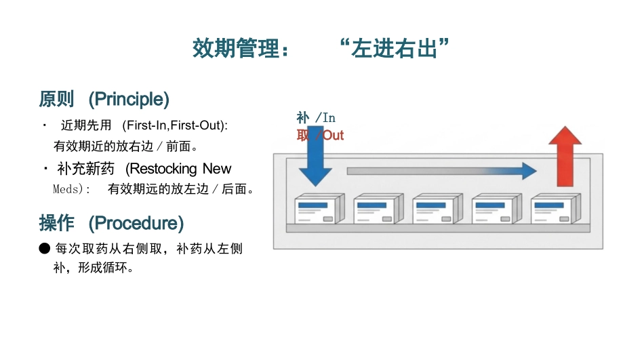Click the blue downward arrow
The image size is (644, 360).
tap(315, 156)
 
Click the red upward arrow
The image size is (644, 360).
tap(565, 156)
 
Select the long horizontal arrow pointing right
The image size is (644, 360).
tap(442, 171)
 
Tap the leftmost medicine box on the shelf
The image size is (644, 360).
tap(319, 209)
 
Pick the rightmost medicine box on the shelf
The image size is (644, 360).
tap(556, 209)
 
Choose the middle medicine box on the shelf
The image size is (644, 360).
tap(438, 209)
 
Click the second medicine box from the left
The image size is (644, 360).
tap(379, 209)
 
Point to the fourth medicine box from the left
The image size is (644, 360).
tap(497, 209)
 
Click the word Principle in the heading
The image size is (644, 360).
tap(129, 100)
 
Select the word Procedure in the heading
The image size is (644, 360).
tap(136, 223)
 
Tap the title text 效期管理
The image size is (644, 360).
tap(236, 48)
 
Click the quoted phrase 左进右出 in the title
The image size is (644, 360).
tap(395, 48)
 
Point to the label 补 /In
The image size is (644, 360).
tap(316, 118)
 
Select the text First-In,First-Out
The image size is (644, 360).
tap(174, 125)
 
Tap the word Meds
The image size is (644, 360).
tap(65, 189)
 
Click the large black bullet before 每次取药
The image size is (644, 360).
tap(44, 248)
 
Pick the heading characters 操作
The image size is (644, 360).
tap(57, 223)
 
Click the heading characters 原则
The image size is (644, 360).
tap(57, 100)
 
